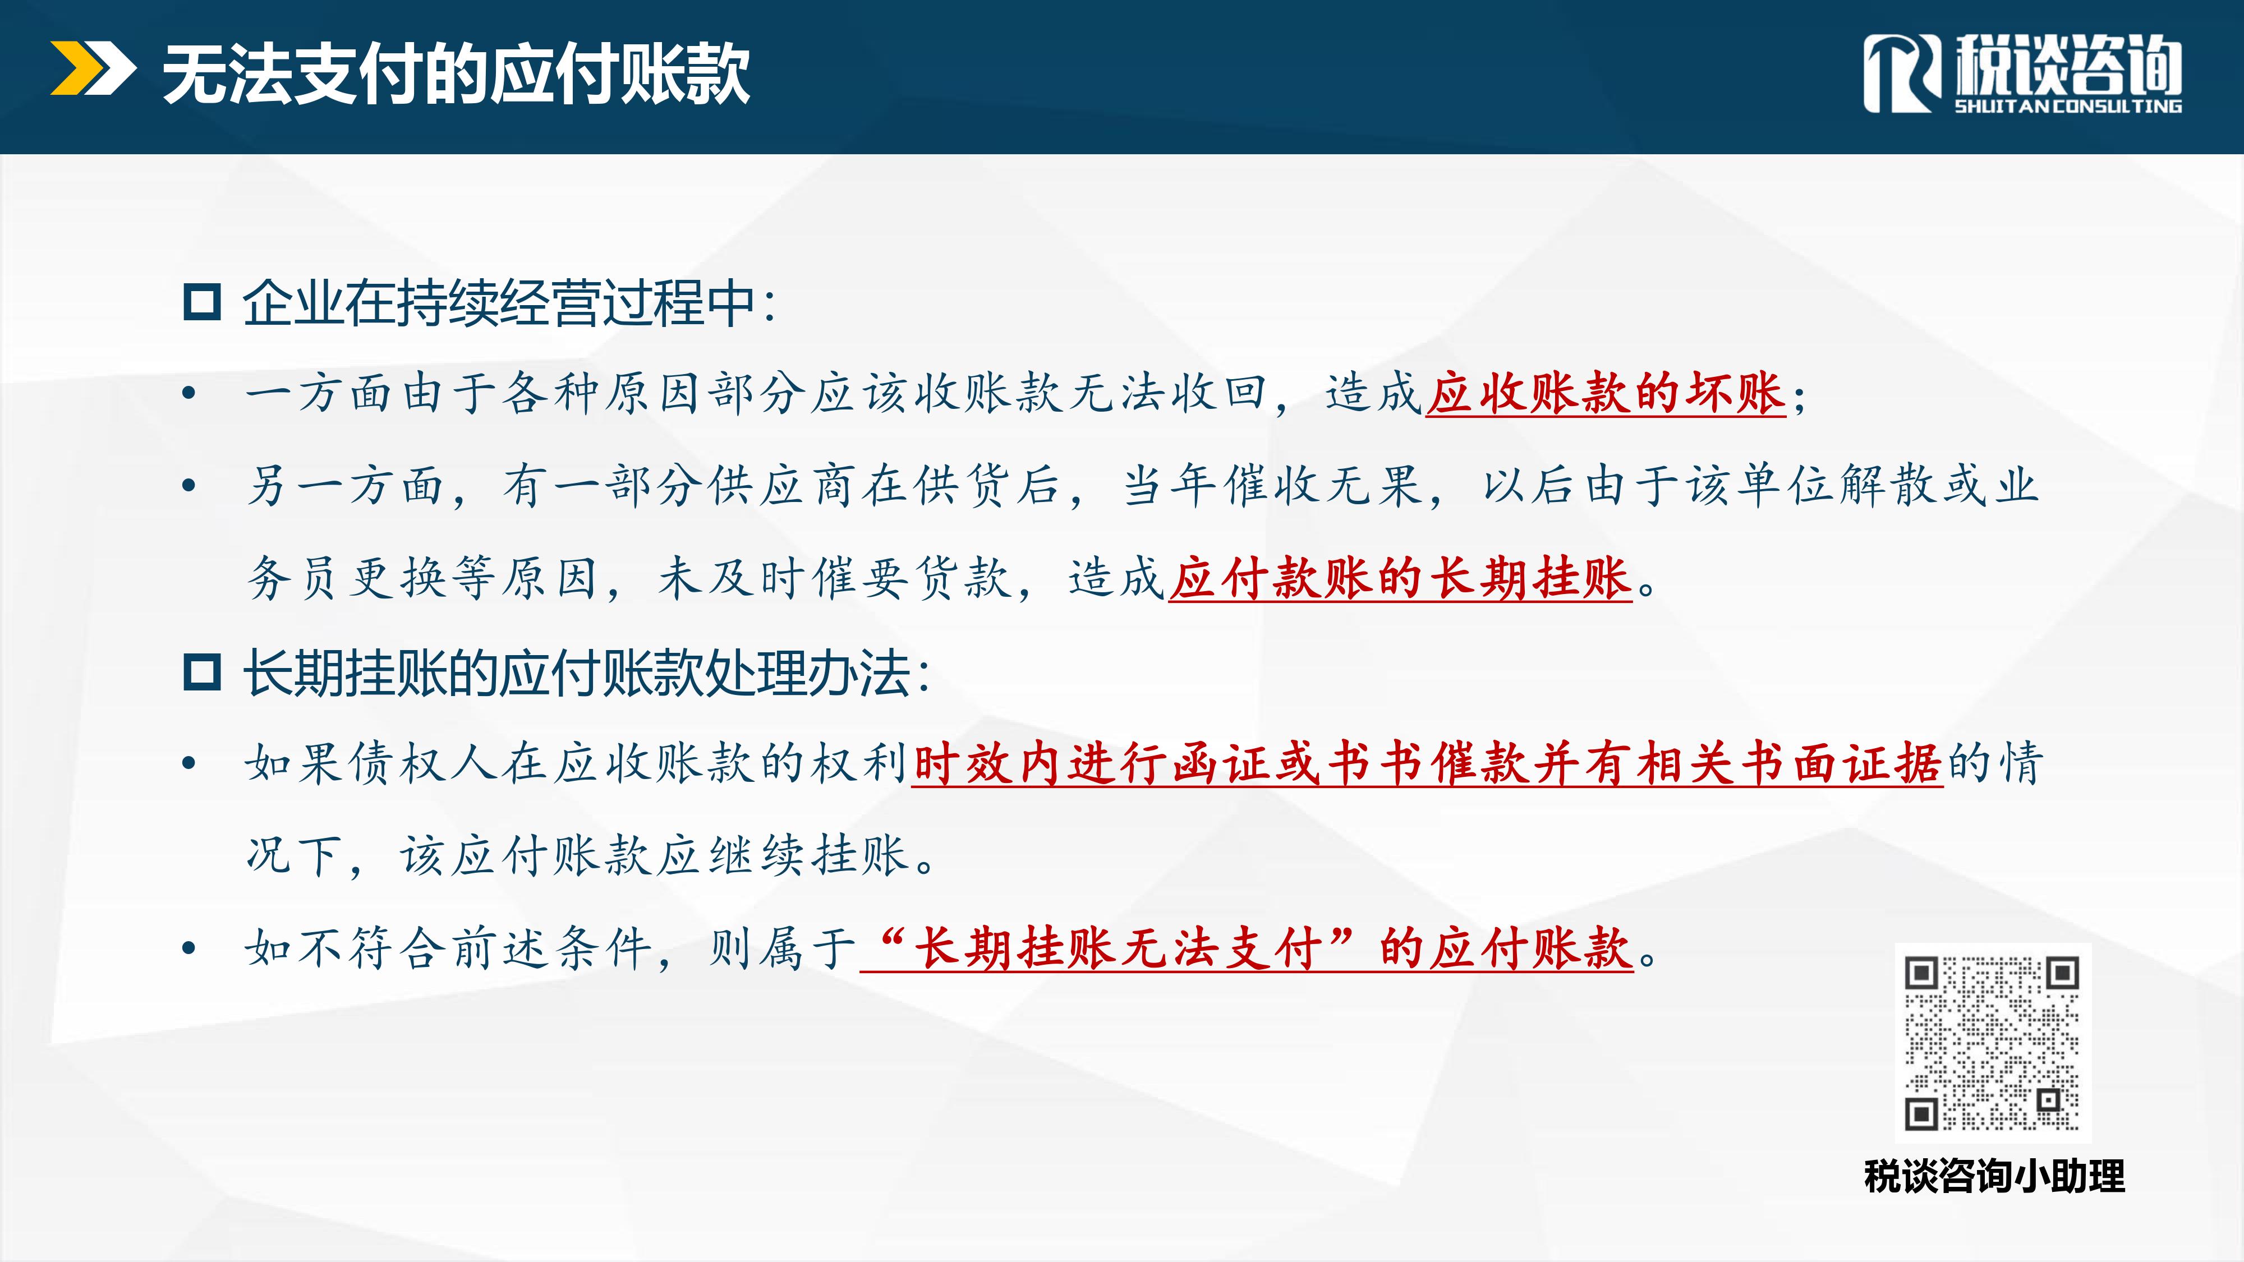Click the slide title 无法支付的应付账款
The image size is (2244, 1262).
(456, 75)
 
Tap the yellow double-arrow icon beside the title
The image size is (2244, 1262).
(93, 67)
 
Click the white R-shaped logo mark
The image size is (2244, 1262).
(1902, 74)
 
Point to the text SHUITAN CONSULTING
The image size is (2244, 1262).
(2067, 106)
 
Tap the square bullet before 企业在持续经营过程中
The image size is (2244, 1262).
(202, 302)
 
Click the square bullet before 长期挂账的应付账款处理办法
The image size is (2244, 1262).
(202, 673)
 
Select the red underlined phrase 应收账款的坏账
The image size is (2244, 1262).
(1606, 393)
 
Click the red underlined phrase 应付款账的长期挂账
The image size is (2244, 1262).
(1400, 578)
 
